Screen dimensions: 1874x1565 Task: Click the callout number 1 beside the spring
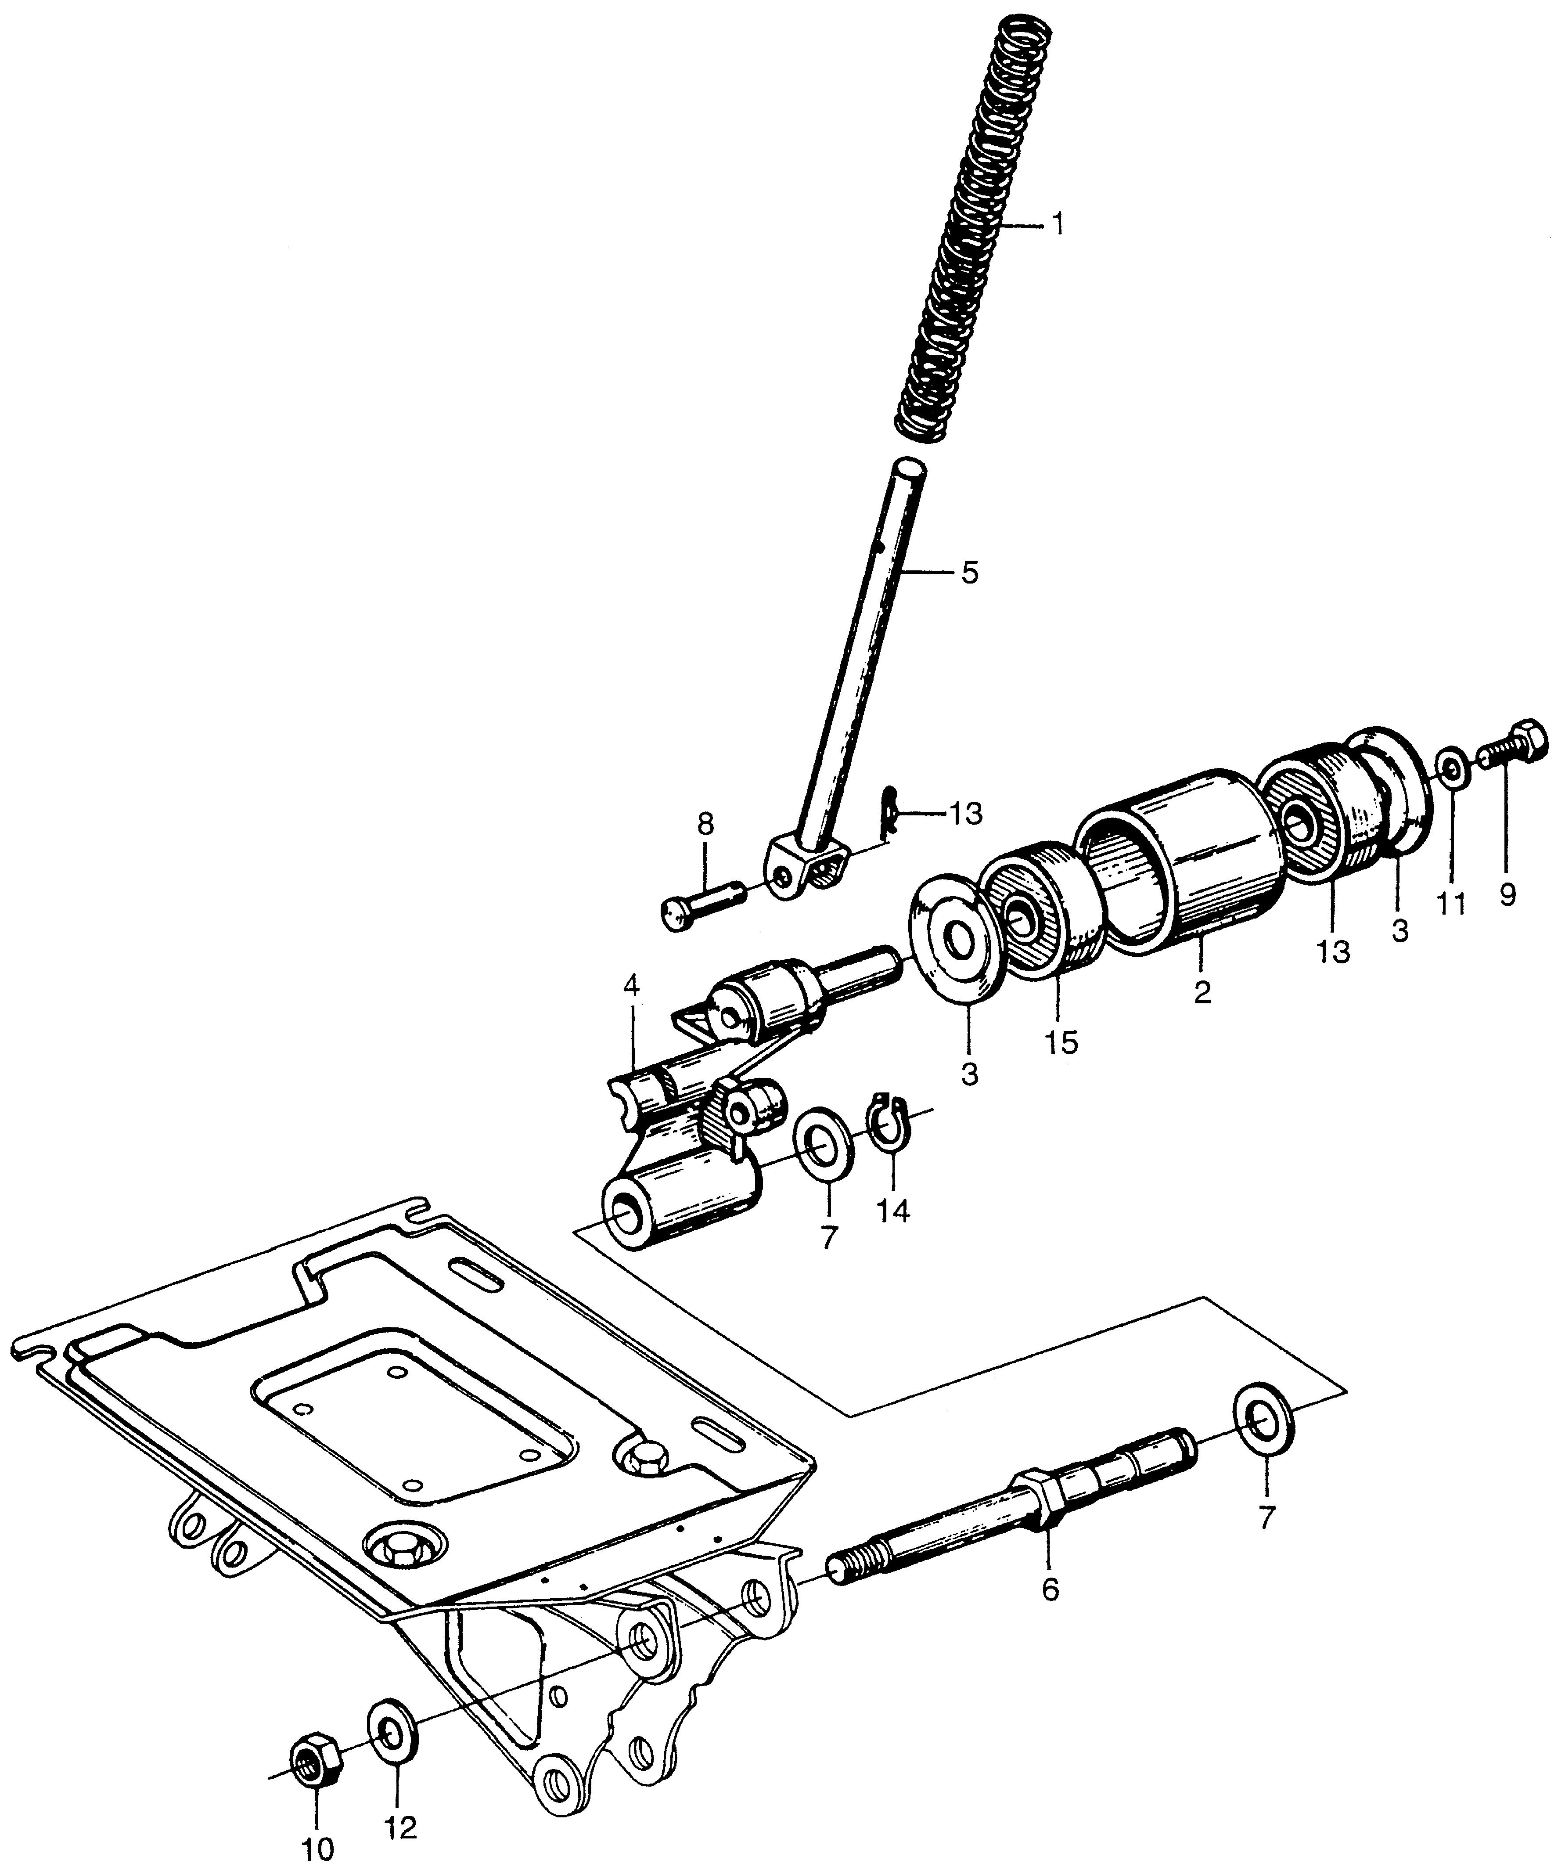point(1056,225)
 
